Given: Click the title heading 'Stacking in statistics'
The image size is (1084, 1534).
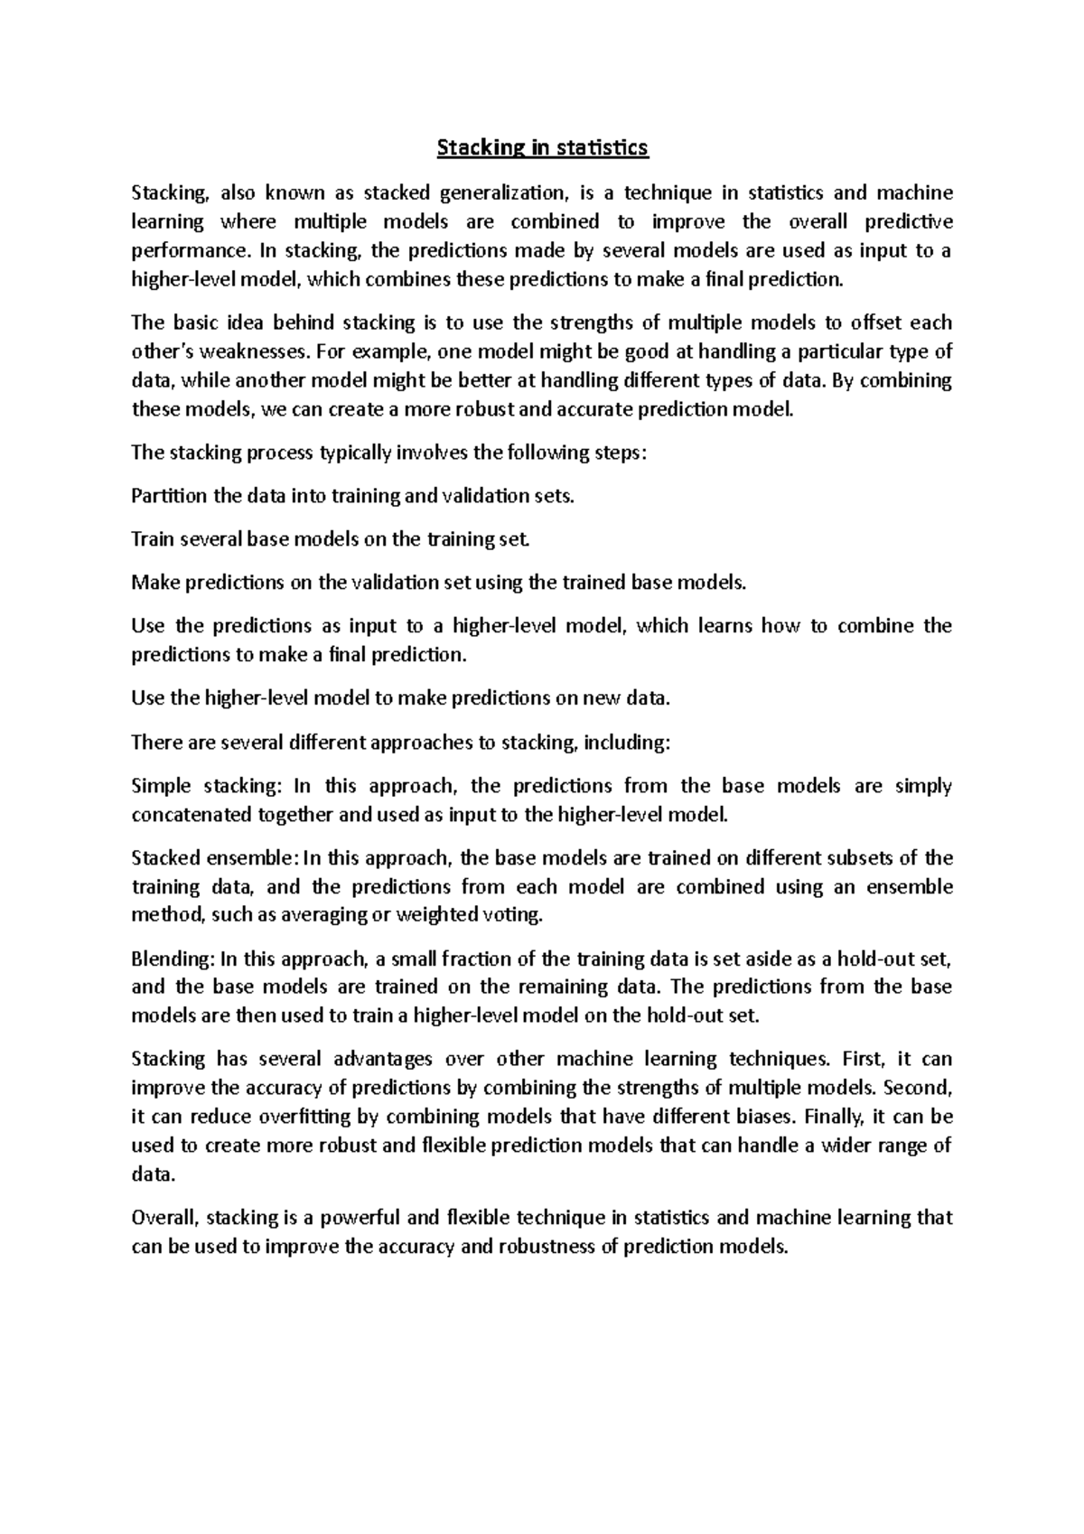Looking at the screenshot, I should (x=542, y=147).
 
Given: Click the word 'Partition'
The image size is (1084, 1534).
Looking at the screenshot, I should (x=168, y=495).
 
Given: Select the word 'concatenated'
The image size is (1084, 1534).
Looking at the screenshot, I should (x=188, y=815).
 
